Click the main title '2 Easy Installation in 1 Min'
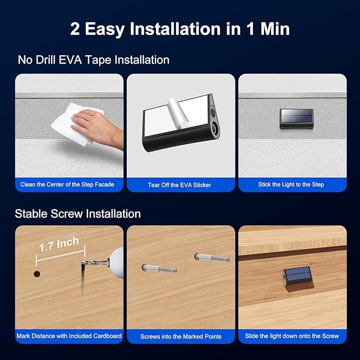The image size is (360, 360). pos(180,29)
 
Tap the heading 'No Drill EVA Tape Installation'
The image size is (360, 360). pos(94,60)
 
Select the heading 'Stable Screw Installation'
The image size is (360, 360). pos(78,214)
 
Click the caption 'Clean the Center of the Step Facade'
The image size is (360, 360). pos(67,185)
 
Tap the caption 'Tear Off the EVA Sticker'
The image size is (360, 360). pos(179,185)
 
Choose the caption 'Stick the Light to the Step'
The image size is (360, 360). pos(291,185)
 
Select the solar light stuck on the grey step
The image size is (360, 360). pos(296,118)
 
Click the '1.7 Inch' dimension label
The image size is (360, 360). pos(59,244)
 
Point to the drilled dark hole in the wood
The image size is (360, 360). pos(37,274)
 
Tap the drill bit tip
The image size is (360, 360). pos(82,264)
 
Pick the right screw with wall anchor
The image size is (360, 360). pos(212,258)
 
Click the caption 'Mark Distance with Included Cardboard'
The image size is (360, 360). pos(69,336)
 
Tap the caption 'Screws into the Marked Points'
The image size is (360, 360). pos(181,336)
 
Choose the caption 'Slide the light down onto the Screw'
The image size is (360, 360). pos(292,336)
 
